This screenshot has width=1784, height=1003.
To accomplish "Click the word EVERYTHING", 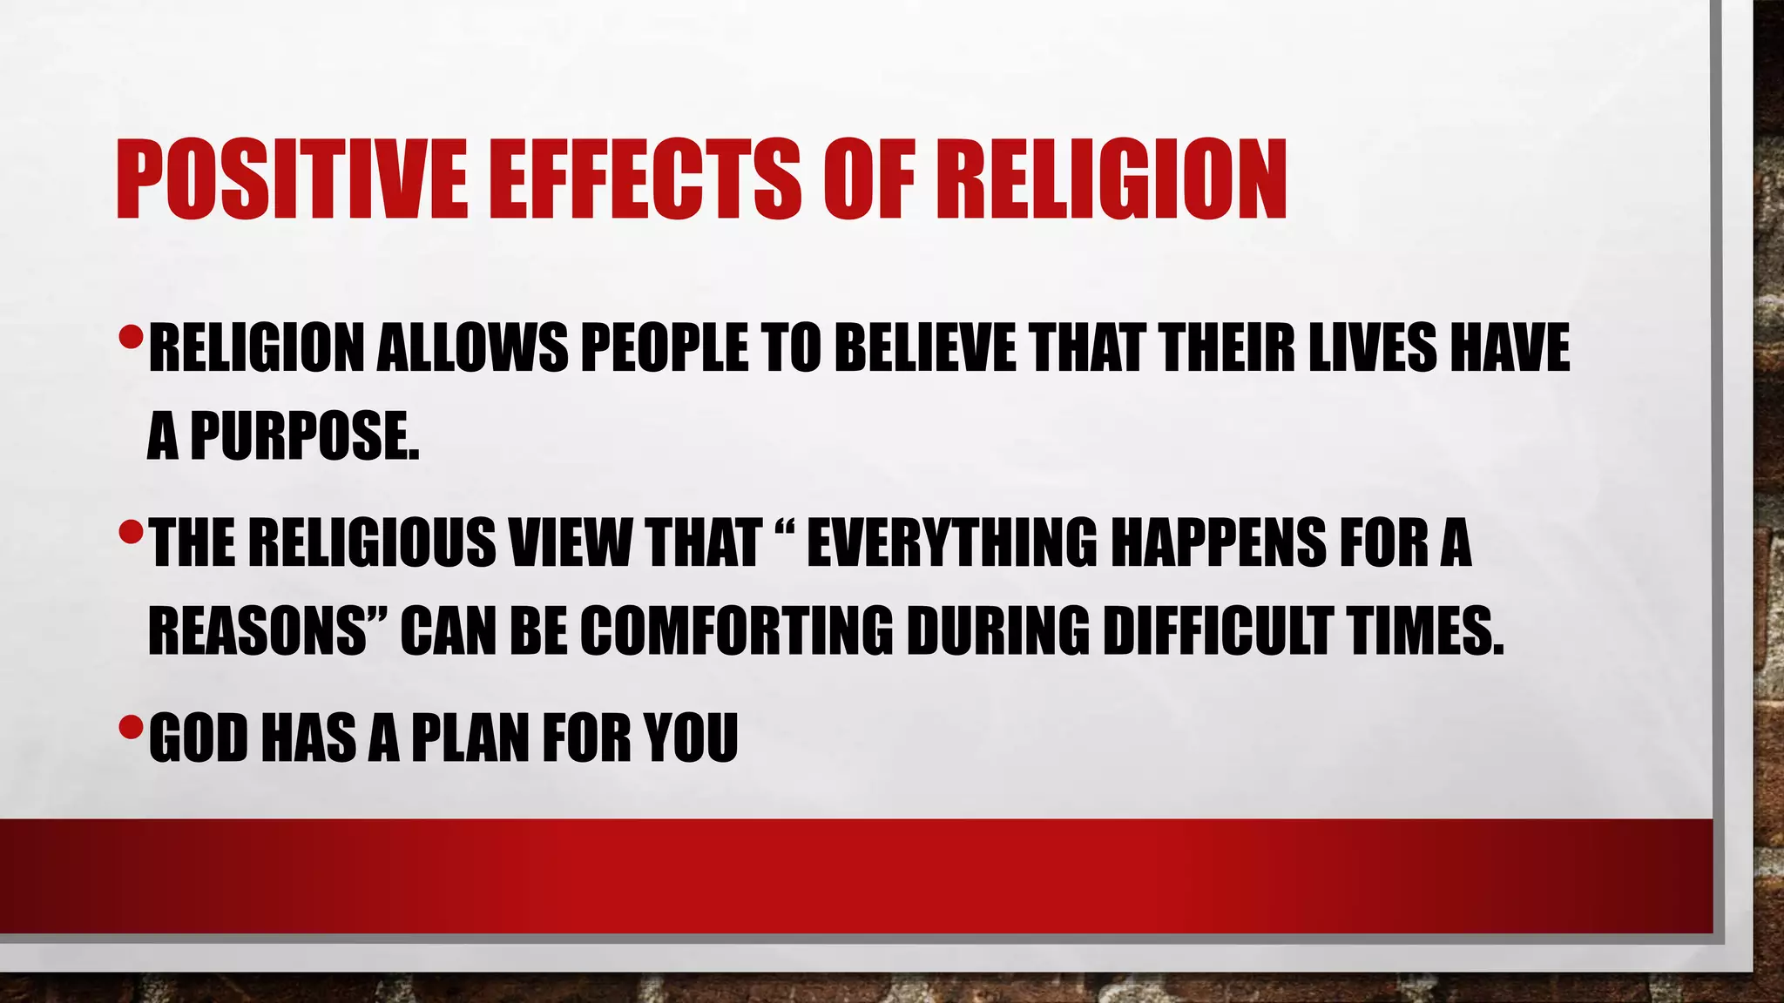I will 952,542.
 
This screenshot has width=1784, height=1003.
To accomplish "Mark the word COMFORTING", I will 736,630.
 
